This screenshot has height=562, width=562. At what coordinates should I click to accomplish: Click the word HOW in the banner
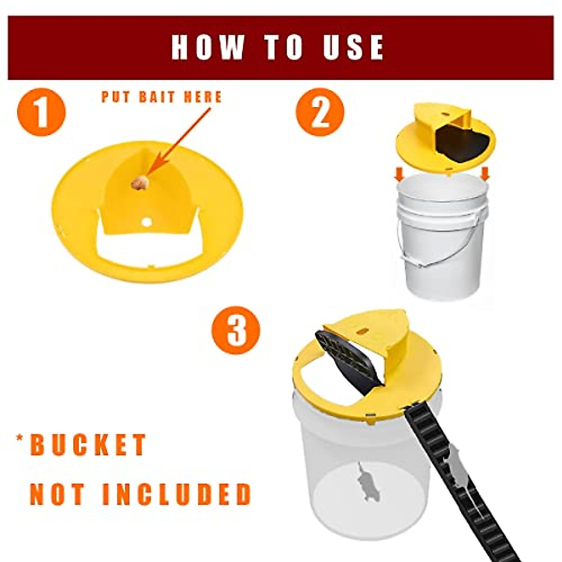207,47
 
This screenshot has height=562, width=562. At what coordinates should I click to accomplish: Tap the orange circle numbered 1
41,112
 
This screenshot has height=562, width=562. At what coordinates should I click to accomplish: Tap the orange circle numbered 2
320,112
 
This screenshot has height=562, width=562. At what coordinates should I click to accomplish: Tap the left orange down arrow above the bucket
399,175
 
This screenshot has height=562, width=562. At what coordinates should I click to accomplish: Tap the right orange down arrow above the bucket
485,174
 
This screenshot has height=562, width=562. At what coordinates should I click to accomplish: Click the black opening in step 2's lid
461,143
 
